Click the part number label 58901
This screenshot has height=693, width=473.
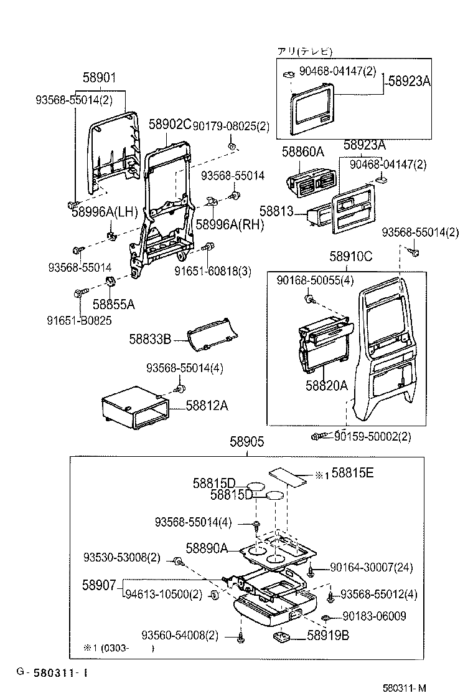100,78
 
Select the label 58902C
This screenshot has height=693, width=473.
169,125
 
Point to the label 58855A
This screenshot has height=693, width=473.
113,304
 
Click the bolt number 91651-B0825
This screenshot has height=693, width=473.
80,322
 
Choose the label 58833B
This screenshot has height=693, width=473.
150,339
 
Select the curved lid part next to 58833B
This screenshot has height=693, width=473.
211,335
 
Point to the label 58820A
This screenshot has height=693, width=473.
326,386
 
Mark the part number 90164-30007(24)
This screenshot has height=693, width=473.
371,568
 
